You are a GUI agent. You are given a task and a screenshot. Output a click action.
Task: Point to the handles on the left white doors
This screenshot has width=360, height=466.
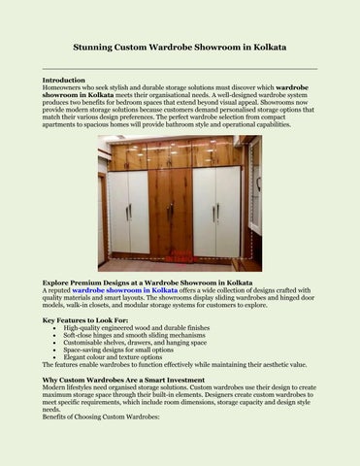coord(128,211)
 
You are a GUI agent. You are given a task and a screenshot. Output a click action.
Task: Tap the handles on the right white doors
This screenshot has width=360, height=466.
coord(217,211)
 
